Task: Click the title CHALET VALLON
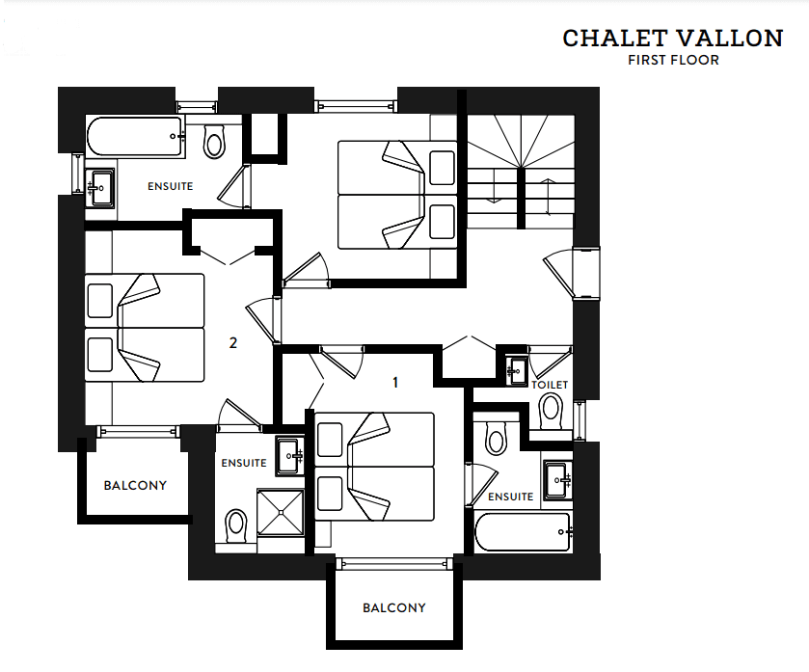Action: [x=673, y=39]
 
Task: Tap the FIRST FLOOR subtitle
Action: [x=673, y=61]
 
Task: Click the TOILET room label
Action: [x=550, y=385]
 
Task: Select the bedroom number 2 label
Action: [x=233, y=342]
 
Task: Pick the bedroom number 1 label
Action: [x=395, y=382]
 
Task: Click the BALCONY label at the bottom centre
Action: [x=394, y=608]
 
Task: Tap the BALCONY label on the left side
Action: [x=135, y=485]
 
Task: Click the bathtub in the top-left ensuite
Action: [x=136, y=136]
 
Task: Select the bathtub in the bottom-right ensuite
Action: [x=524, y=531]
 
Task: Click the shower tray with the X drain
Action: [x=281, y=512]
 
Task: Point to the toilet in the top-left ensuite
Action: [x=214, y=140]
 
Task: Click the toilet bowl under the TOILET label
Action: [x=551, y=412]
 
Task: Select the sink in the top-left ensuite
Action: [x=99, y=188]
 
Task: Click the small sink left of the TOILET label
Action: [x=516, y=371]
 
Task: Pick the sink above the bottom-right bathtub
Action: [x=558, y=481]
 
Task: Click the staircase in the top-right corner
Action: [x=521, y=172]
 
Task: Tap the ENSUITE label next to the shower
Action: [x=244, y=463]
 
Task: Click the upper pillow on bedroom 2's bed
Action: [x=100, y=301]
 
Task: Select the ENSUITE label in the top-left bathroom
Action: [x=171, y=186]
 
